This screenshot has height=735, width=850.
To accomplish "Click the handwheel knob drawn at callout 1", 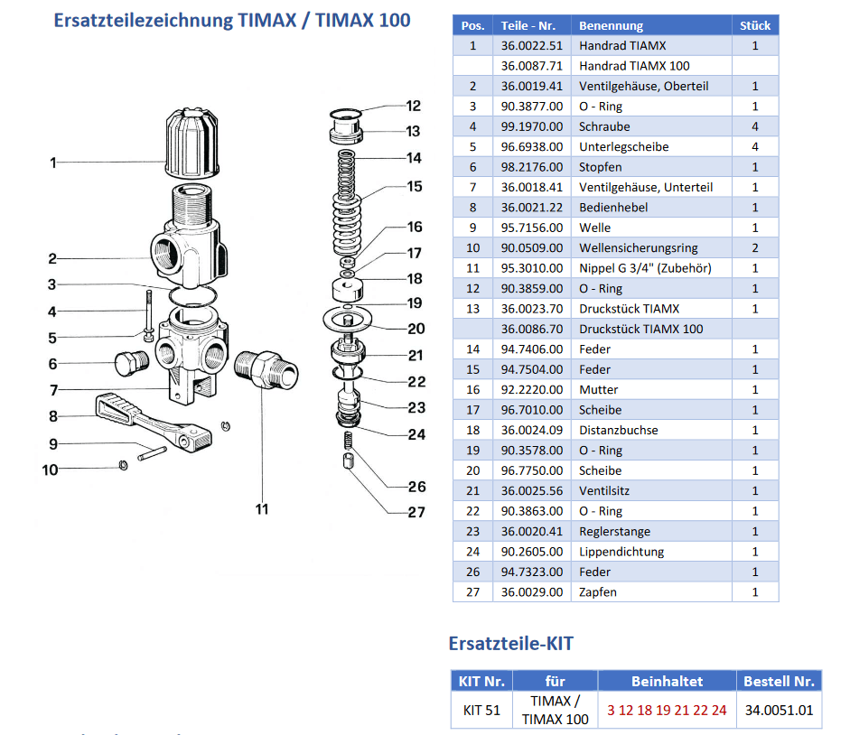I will (x=192, y=144).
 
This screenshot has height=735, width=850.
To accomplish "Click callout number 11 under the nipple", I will (x=261, y=509).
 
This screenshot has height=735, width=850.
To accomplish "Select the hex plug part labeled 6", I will (x=130, y=365).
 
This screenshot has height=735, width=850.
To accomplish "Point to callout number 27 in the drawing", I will (x=416, y=512).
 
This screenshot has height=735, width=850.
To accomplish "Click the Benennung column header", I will (x=611, y=26).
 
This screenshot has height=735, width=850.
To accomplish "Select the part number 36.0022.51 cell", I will (x=532, y=45).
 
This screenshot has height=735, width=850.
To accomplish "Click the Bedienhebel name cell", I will (x=613, y=208).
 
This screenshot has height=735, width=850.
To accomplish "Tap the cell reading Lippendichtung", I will (x=621, y=552).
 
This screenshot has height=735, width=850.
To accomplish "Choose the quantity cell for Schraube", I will (x=754, y=126).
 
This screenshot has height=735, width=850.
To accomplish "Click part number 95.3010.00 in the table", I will (x=532, y=268).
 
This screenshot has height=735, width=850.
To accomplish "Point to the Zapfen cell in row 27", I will (x=598, y=592).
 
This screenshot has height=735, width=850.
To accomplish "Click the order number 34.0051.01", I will (x=779, y=710).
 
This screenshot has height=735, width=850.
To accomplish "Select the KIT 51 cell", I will (x=481, y=710).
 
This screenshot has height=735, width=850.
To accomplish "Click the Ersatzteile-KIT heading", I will (x=510, y=644).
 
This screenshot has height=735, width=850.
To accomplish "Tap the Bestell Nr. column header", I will (x=779, y=681).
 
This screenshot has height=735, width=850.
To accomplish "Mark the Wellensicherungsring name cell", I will (x=638, y=247).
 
